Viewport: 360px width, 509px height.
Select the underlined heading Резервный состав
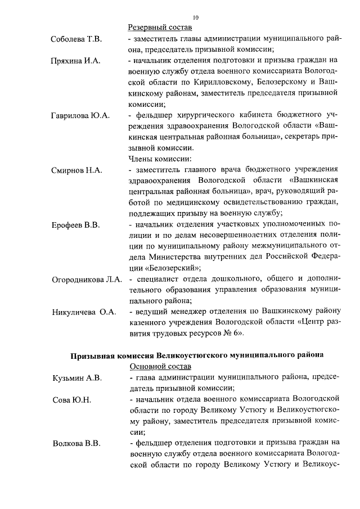click(160, 28)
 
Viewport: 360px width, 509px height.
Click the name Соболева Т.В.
click(76, 39)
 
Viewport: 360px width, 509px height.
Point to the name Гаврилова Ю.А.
click(80, 116)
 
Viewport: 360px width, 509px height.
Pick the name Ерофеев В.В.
click(75, 226)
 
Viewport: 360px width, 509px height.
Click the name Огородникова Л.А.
click(87, 280)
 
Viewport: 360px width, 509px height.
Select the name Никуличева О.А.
click(84, 313)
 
